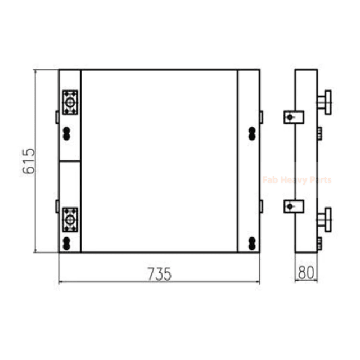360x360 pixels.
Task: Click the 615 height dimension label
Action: [x=29, y=161]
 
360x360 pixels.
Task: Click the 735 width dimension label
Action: [x=159, y=274]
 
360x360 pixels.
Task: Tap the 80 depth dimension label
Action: [x=306, y=272]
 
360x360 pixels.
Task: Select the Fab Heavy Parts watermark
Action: [x=297, y=179]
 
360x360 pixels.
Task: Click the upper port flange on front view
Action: [x=70, y=102]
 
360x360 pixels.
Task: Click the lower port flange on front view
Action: [x=70, y=220]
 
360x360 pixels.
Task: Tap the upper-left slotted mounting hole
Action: [x=66, y=134]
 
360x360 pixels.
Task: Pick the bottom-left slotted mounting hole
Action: [x=66, y=244]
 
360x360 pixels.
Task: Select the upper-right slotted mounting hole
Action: [x=252, y=134]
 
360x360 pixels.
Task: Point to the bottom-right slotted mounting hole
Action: [x=252, y=244]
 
